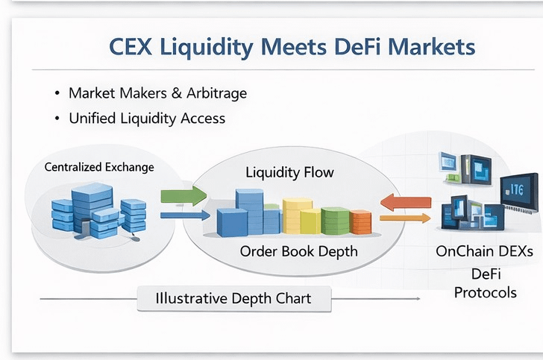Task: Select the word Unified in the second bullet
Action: click(94, 118)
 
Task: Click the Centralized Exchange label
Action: click(99, 167)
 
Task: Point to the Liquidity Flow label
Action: click(290, 172)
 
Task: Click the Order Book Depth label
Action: click(298, 251)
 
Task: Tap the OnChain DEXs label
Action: click(485, 252)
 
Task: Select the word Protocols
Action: click(485, 291)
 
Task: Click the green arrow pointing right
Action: click(183, 196)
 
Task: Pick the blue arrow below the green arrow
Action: click(183, 216)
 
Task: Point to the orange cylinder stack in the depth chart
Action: click(360, 221)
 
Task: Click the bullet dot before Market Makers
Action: click(57, 95)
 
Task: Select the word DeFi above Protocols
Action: click(485, 274)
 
